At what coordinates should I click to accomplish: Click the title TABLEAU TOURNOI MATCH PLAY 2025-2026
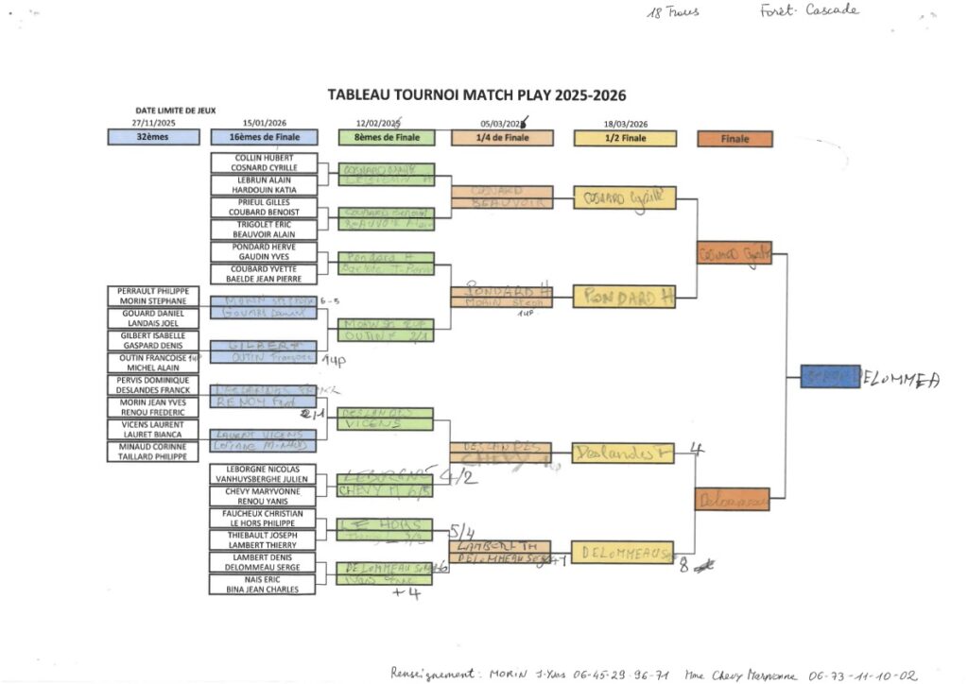tap(476, 95)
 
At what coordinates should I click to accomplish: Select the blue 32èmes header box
tap(153, 138)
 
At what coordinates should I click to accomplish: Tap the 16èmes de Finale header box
tap(264, 138)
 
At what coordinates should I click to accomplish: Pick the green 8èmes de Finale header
tap(387, 138)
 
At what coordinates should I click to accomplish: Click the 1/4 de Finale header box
tap(503, 138)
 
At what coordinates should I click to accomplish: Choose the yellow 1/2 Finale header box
tap(625, 138)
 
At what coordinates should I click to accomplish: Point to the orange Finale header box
tap(735, 139)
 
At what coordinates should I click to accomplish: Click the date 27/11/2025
tap(153, 123)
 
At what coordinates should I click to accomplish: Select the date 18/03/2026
tap(625, 124)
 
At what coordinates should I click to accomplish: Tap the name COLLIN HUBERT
tap(264, 158)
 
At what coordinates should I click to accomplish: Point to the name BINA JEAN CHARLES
tap(264, 590)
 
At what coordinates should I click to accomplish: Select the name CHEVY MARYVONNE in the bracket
tap(264, 491)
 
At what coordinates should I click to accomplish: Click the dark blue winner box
tap(829, 377)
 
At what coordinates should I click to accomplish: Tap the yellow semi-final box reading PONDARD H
tap(625, 297)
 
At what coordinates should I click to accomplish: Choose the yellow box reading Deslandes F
tap(625, 453)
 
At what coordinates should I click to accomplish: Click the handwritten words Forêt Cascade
tap(808, 10)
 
